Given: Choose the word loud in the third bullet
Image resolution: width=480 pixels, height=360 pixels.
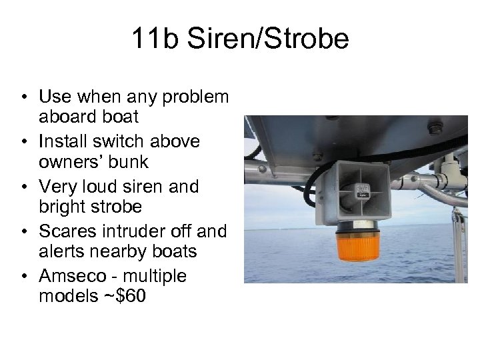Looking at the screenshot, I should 103,187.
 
